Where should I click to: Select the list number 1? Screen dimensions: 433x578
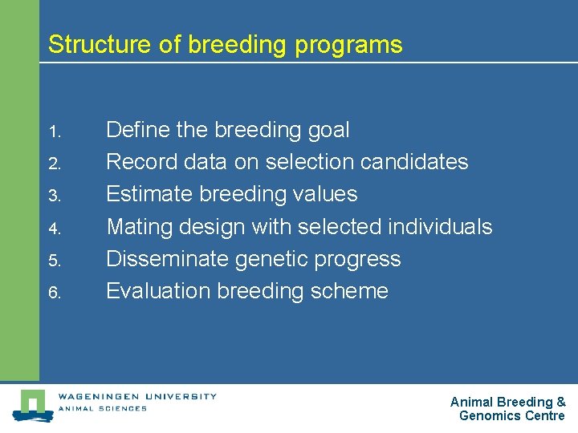point(53,131)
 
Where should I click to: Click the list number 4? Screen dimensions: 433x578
point(53,228)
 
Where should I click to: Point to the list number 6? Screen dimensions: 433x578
point(53,293)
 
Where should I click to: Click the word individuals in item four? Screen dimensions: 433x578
point(439,227)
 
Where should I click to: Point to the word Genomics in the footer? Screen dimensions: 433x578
point(490,415)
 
